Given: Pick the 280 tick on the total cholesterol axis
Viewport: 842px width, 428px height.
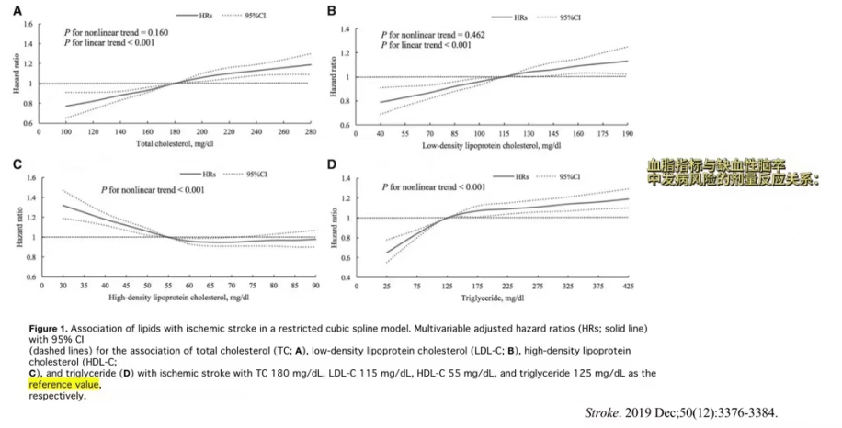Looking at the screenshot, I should point(309,133).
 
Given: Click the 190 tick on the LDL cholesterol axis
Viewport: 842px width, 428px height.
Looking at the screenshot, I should point(627,134).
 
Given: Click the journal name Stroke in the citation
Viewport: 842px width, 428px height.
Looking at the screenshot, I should point(601,412).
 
